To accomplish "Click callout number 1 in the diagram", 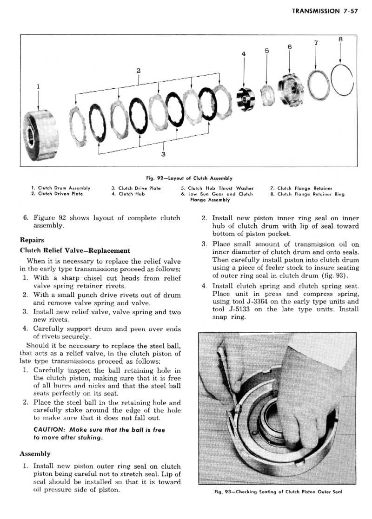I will pyautogui.click(x=38, y=86).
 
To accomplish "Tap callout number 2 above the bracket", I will pyautogui.click(x=139, y=71).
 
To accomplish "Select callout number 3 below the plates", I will pyautogui.click(x=163, y=154).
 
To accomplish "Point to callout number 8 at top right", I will pyautogui.click(x=340, y=39).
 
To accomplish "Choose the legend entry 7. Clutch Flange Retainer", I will pyautogui.click(x=301, y=188).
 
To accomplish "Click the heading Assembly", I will pyautogui.click(x=35, y=453).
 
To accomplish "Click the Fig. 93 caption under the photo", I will pyautogui.click(x=278, y=493).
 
